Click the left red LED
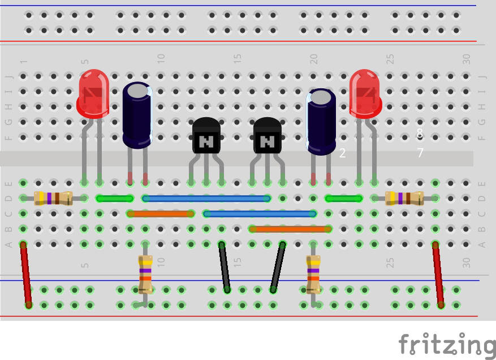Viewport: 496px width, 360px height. [93, 94]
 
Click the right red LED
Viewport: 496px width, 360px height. [365, 94]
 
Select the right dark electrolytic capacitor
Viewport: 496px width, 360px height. [321, 121]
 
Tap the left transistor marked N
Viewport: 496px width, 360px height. [206, 136]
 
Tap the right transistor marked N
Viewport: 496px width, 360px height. [267, 136]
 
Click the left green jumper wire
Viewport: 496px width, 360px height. [115, 199]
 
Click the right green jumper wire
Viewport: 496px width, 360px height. [343, 199]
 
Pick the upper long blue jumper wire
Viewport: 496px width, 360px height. [206, 199]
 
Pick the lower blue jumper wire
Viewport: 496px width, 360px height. [260, 214]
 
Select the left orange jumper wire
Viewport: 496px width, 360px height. [161, 214]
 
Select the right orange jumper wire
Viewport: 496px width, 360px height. [290, 229]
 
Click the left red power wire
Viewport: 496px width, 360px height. [26, 275]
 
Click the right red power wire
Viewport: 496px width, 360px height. [438, 275]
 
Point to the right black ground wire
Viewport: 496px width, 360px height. [277, 267]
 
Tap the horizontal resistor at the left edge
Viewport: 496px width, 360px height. [53, 198]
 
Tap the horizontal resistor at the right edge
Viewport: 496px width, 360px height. [404, 198]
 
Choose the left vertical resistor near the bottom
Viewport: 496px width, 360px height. [146, 275]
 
